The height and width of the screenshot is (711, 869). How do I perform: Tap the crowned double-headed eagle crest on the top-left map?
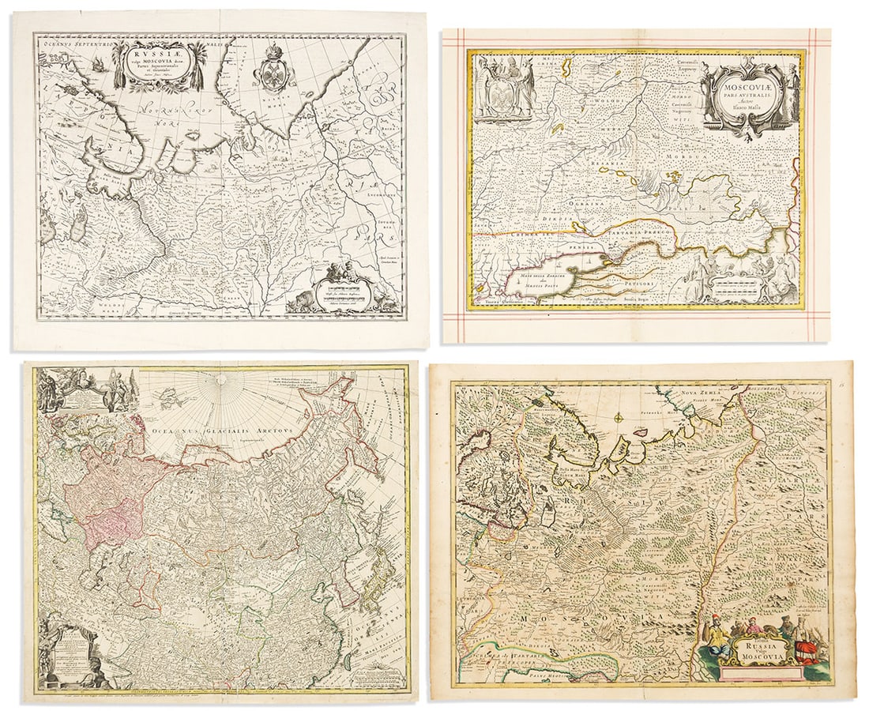(274, 73)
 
